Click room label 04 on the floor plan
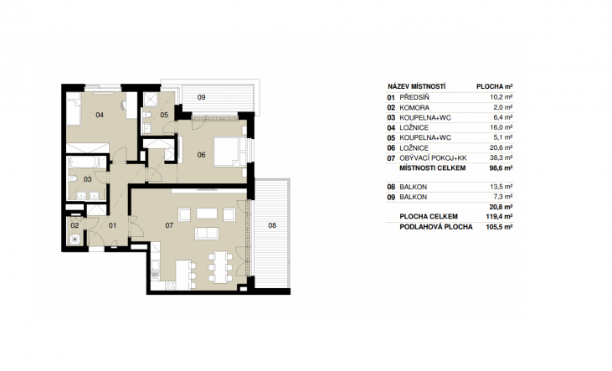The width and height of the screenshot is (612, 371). point(100,115)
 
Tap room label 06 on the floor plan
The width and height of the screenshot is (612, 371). point(201,155)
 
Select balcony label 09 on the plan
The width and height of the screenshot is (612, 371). point(201,97)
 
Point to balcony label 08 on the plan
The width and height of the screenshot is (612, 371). point(272,225)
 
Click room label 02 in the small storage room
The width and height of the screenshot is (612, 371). point(75,225)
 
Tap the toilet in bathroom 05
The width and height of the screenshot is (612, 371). point(147,115)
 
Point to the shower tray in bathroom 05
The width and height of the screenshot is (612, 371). point(150,100)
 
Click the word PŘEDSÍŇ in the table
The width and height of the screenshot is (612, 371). point(414,98)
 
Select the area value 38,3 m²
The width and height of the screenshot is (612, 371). point(501,157)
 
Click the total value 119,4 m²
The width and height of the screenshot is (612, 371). point(499,216)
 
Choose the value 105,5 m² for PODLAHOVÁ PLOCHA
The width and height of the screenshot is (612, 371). point(499,227)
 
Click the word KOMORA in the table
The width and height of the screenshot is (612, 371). point(414,108)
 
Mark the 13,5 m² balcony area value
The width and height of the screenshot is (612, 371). point(501,187)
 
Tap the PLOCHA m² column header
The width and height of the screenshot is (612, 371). point(495,87)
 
